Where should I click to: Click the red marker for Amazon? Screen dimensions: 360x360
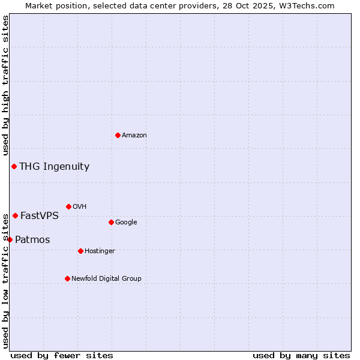(118, 135)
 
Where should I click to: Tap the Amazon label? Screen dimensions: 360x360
(134, 136)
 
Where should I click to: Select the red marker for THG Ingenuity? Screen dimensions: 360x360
(14, 166)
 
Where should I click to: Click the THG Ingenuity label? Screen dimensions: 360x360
(54, 167)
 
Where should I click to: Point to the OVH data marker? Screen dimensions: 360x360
(68, 206)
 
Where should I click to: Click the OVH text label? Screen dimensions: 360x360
(80, 207)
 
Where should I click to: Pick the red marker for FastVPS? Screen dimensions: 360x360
(15, 215)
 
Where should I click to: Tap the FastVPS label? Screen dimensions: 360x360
(40, 216)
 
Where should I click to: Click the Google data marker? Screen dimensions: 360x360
(111, 222)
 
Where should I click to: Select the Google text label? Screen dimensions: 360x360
(126, 223)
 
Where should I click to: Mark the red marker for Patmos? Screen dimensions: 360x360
(10, 239)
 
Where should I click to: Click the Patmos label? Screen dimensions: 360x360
(32, 240)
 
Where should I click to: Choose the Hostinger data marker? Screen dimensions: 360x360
(80, 251)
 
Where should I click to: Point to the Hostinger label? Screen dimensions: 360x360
(100, 251)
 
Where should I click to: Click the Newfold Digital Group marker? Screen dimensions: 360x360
(67, 278)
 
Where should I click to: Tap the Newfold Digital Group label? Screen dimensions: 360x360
(106, 279)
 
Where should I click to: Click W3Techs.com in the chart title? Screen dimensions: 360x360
(310, 6)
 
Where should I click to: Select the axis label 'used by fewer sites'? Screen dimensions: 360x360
(62, 355)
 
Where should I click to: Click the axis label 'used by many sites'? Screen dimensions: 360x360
(301, 355)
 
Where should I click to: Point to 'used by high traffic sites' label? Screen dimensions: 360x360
(5, 86)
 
